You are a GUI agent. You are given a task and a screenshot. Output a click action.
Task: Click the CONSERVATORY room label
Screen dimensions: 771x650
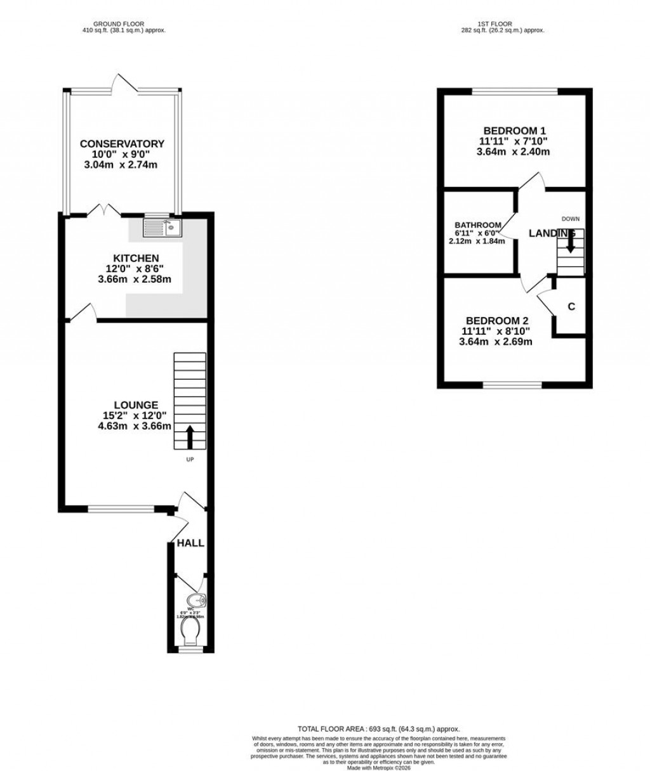(122, 144)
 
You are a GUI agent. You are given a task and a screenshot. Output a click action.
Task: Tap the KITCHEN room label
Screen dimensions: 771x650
(136, 258)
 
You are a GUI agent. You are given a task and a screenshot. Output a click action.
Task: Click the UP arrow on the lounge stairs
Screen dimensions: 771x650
(189, 437)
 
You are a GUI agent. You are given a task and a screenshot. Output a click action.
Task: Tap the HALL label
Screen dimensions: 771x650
(190, 543)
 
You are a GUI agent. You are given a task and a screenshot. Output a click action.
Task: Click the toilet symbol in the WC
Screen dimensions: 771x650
(190, 632)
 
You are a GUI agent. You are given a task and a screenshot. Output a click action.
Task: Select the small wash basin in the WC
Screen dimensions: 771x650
(196, 600)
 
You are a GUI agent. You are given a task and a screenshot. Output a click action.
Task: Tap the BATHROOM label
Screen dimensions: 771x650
(478, 225)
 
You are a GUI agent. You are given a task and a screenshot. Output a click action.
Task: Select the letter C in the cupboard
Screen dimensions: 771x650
(571, 307)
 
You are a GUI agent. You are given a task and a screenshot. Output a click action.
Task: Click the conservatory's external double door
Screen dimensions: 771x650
(125, 84)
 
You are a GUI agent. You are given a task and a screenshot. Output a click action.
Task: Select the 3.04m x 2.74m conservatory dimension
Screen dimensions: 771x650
(121, 165)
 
